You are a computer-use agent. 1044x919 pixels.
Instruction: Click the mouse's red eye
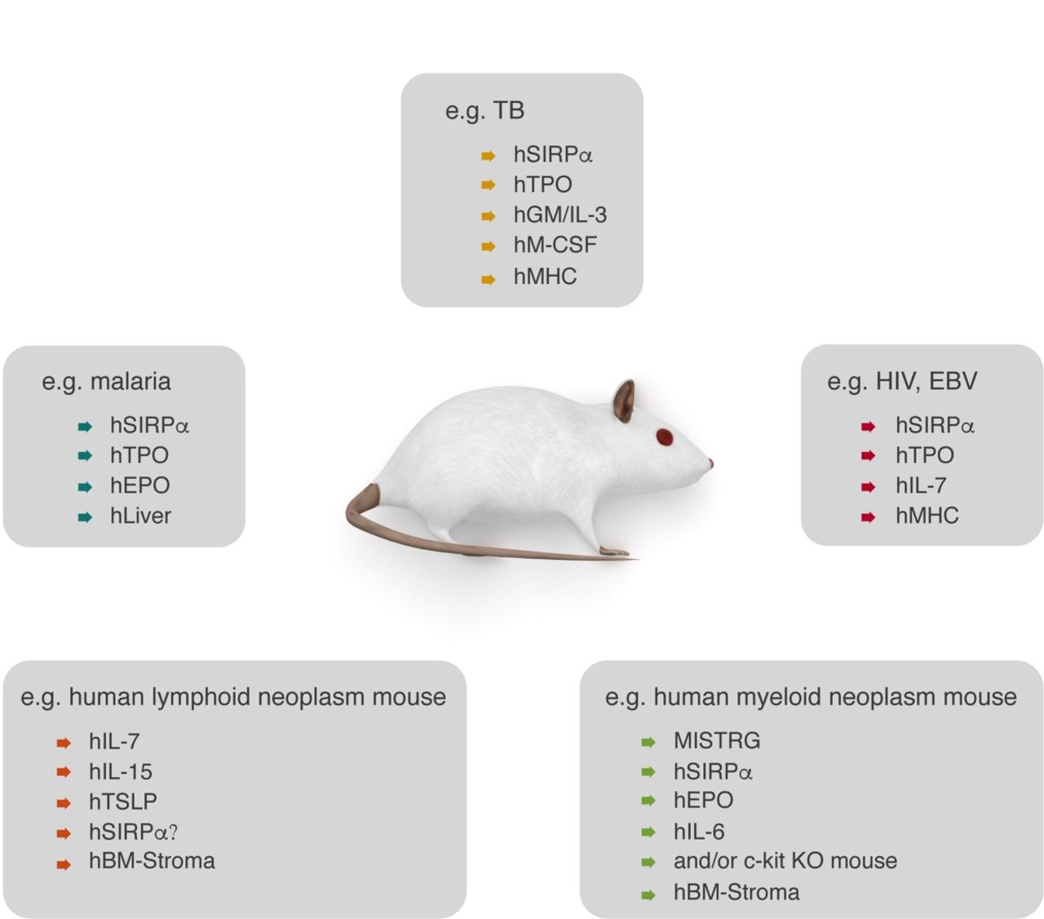pos(664,437)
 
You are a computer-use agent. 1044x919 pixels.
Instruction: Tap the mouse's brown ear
pos(624,401)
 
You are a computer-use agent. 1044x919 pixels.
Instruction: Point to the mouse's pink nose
pos(710,463)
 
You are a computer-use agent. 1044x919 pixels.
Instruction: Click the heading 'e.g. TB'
pos(484,111)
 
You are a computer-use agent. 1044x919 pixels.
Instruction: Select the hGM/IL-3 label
pos(560,215)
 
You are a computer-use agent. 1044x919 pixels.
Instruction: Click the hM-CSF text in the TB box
pos(555,245)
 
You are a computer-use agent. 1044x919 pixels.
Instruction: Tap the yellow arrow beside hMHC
pos(488,279)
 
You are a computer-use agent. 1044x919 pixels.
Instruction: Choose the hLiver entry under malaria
pos(140,515)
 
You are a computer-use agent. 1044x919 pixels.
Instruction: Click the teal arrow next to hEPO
pos(85,486)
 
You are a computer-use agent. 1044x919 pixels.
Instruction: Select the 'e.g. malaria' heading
pos(106,382)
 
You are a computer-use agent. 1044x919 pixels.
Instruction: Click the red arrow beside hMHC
pos(869,517)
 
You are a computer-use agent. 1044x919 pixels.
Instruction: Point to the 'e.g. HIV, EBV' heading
pos(902,382)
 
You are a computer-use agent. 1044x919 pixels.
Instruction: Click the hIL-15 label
pos(121,771)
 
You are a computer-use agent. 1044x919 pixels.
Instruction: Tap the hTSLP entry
pos(122,801)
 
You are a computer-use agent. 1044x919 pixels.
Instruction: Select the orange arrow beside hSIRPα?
pos(64,833)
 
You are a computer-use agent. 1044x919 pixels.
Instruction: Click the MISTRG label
pos(717,740)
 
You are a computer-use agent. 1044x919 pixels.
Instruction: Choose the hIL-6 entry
pos(699,832)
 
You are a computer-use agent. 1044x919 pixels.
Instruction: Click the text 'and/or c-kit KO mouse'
pos(785,861)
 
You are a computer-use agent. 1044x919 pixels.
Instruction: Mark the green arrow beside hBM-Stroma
pos(648,895)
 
